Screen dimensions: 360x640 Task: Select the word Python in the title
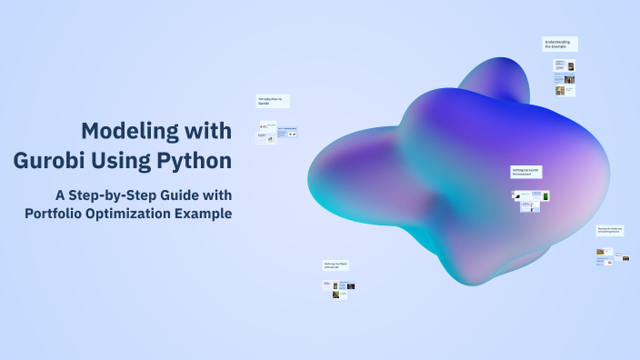pyautogui.click(x=194, y=162)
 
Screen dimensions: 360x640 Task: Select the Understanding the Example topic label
pyautogui.click(x=560, y=44)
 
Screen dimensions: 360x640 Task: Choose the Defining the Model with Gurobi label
pyautogui.click(x=336, y=265)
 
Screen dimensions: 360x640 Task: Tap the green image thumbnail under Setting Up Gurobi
pyautogui.click(x=546, y=195)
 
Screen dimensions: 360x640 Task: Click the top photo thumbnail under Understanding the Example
pyautogui.click(x=570, y=65)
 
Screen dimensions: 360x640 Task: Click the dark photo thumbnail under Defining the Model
pyautogui.click(x=350, y=286)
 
